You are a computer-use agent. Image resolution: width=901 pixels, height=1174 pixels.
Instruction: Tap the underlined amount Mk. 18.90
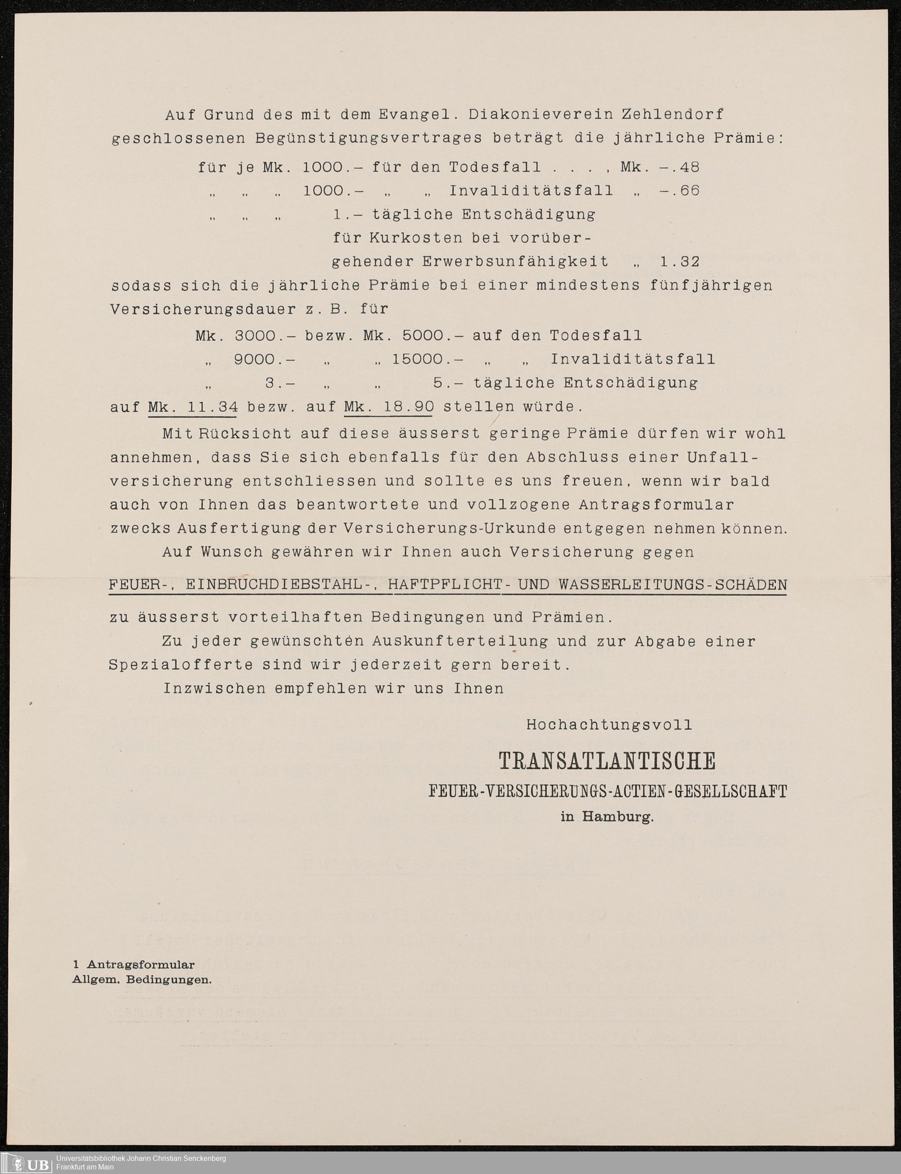pos(389,407)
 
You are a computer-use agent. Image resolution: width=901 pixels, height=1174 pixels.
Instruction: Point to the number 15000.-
pos(428,359)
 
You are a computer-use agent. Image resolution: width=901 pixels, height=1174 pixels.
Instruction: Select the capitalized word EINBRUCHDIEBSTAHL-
pos(279,585)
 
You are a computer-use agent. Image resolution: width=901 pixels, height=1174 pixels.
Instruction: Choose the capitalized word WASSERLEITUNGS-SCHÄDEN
pos(673,585)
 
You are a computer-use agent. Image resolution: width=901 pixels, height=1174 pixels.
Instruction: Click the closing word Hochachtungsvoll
pos(609,725)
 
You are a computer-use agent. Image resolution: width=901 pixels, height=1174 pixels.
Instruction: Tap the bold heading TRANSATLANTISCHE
pos(607,762)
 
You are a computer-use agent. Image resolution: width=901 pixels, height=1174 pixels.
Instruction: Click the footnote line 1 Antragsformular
pos(133,965)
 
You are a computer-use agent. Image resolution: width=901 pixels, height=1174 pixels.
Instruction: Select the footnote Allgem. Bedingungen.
pos(142,979)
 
